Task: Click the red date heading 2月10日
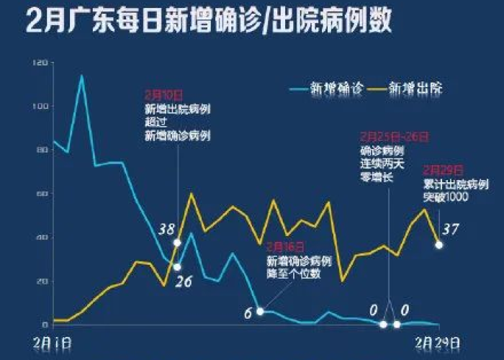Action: pos(163,94)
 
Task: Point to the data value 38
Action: pos(167,230)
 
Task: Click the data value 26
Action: pos(184,281)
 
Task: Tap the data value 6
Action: pos(248,312)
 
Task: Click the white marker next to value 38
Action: pos(177,243)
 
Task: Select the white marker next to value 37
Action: pos(439,245)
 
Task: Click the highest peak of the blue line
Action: pos(81,76)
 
